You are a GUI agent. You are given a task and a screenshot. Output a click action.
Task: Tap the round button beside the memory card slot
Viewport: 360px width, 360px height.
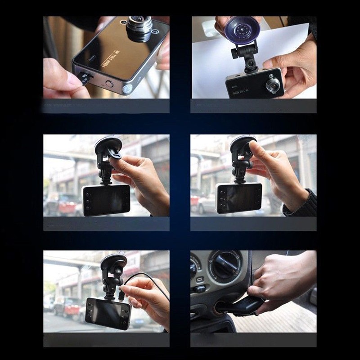pos(109,84)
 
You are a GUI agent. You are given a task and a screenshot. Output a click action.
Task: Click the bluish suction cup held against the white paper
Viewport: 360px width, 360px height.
pos(242,30)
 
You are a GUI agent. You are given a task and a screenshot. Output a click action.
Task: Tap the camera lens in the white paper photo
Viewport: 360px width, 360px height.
pos(273,84)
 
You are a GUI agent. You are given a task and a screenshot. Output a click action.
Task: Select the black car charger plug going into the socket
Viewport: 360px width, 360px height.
pos(245,307)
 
